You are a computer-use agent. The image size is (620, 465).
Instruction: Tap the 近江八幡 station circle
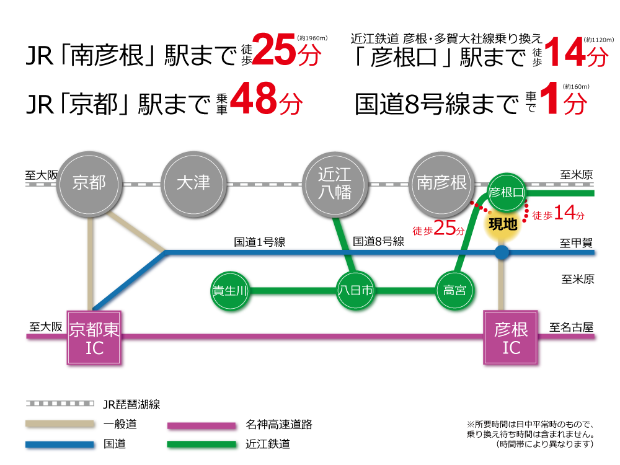tap(335, 184)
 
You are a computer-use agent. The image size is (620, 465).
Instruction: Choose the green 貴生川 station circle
tap(230, 291)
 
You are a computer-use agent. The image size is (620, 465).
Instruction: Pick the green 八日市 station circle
tap(355, 291)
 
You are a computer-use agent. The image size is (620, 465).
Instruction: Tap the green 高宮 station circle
tap(454, 291)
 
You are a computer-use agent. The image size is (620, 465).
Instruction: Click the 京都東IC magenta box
tap(94, 337)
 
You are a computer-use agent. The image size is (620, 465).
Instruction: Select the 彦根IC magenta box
tap(511, 337)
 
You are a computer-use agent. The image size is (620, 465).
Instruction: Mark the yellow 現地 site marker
tap(503, 225)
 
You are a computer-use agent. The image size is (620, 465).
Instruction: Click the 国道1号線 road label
tap(259, 242)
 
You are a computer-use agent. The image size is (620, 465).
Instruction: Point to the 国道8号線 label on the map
tap(378, 242)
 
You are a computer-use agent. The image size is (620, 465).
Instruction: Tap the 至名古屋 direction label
tap(572, 327)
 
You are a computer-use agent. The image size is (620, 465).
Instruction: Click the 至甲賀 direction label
tap(576, 243)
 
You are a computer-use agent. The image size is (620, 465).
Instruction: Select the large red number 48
tap(253, 99)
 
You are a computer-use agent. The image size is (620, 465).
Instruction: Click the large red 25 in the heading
tap(273, 50)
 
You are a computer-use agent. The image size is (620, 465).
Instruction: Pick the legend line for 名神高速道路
tap(201, 426)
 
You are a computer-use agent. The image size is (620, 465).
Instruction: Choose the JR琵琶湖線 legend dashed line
tap(60, 404)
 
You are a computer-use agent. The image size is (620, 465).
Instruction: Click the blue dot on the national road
tap(502, 252)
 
